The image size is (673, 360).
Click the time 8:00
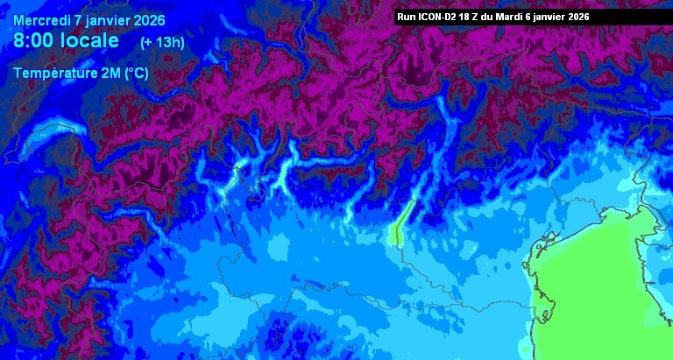point(33,39)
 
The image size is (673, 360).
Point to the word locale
point(94,39)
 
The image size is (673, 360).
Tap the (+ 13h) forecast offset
point(162,41)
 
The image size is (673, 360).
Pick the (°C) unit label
point(136,73)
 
